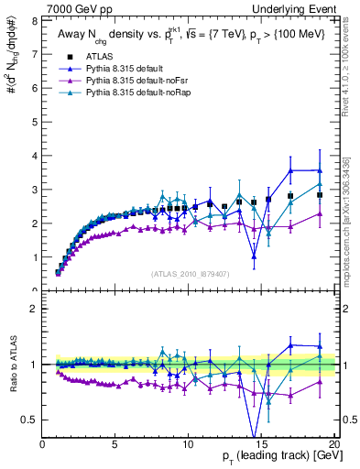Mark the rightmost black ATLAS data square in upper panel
coord(320,195)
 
